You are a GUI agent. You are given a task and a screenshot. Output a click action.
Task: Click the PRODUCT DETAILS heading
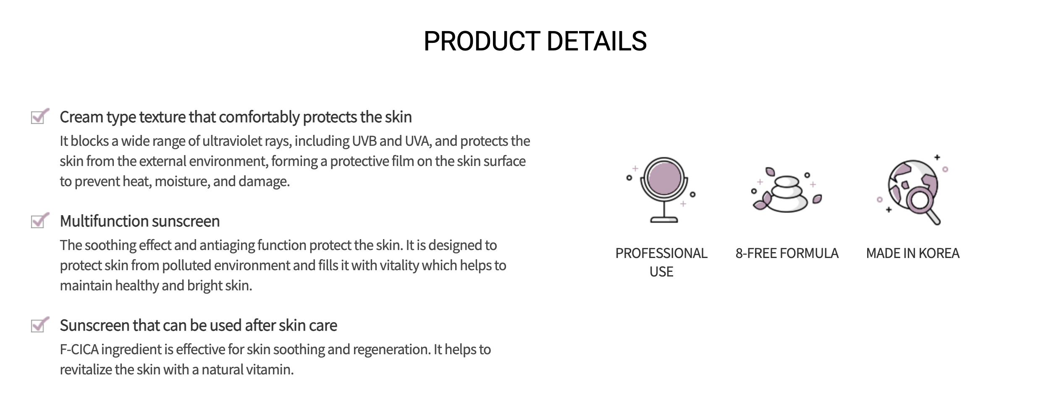(535, 41)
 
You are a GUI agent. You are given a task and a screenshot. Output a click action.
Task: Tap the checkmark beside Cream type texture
(40, 116)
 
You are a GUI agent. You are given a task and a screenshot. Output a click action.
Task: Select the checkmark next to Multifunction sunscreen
(40, 221)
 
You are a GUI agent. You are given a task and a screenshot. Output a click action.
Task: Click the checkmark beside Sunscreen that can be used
(40, 325)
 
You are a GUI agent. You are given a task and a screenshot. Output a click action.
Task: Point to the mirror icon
(663, 190)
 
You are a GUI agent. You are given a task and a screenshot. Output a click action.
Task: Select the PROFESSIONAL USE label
(661, 262)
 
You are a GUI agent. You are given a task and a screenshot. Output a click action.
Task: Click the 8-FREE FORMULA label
(787, 253)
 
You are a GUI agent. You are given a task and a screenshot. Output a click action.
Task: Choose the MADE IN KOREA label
(913, 253)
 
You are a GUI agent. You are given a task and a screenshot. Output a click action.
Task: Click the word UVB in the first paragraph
(364, 141)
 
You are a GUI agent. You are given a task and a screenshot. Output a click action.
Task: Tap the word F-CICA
(79, 349)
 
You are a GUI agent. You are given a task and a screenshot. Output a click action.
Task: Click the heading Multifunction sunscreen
(140, 221)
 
